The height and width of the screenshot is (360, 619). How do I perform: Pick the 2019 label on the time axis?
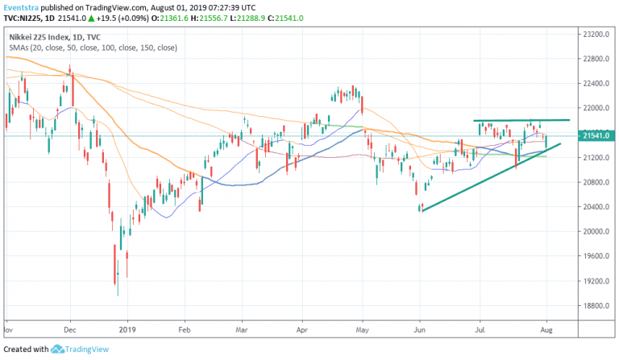click(x=127, y=329)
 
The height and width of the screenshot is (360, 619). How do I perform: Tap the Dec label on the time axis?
click(x=69, y=329)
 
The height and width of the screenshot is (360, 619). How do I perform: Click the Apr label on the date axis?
click(x=304, y=329)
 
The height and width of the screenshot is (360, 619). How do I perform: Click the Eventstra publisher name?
click(x=22, y=6)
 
